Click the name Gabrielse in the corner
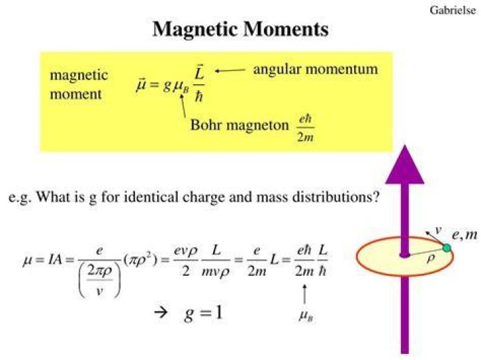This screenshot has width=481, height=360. [453, 11]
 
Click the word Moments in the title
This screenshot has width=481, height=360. [286, 29]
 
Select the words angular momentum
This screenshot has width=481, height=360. [315, 69]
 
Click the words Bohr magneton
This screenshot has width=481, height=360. [240, 125]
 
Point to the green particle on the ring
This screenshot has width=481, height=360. [447, 248]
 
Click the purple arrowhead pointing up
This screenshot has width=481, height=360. [405, 165]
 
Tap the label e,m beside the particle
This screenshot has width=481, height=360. [465, 235]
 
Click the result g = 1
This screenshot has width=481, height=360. [203, 314]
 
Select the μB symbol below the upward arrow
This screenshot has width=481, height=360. [306, 316]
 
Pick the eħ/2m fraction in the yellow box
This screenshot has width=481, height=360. [305, 128]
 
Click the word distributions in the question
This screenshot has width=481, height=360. [336, 196]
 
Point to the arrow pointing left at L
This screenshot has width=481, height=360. [230, 71]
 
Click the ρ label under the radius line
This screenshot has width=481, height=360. [431, 259]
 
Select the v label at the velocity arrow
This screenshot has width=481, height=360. [438, 229]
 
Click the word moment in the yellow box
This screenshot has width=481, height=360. [75, 94]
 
